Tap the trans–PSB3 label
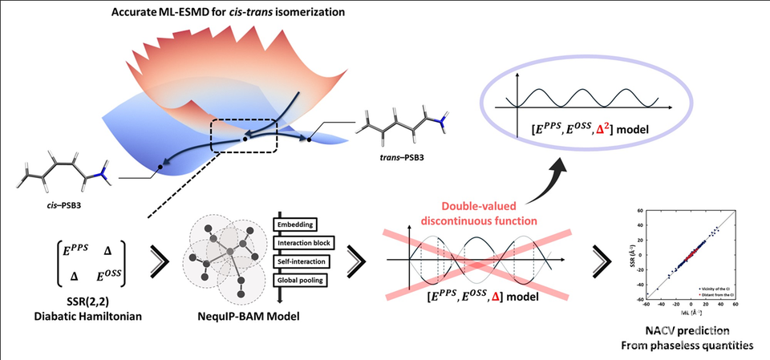403,156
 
